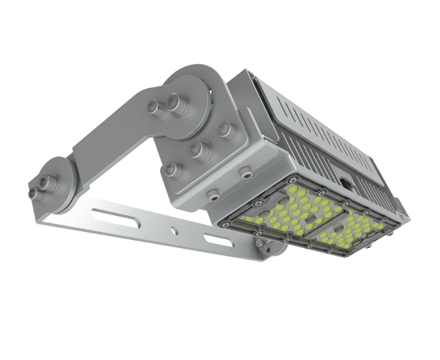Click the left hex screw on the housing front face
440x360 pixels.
tap(213, 193)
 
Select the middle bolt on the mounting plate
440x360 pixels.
tap(196, 149)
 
